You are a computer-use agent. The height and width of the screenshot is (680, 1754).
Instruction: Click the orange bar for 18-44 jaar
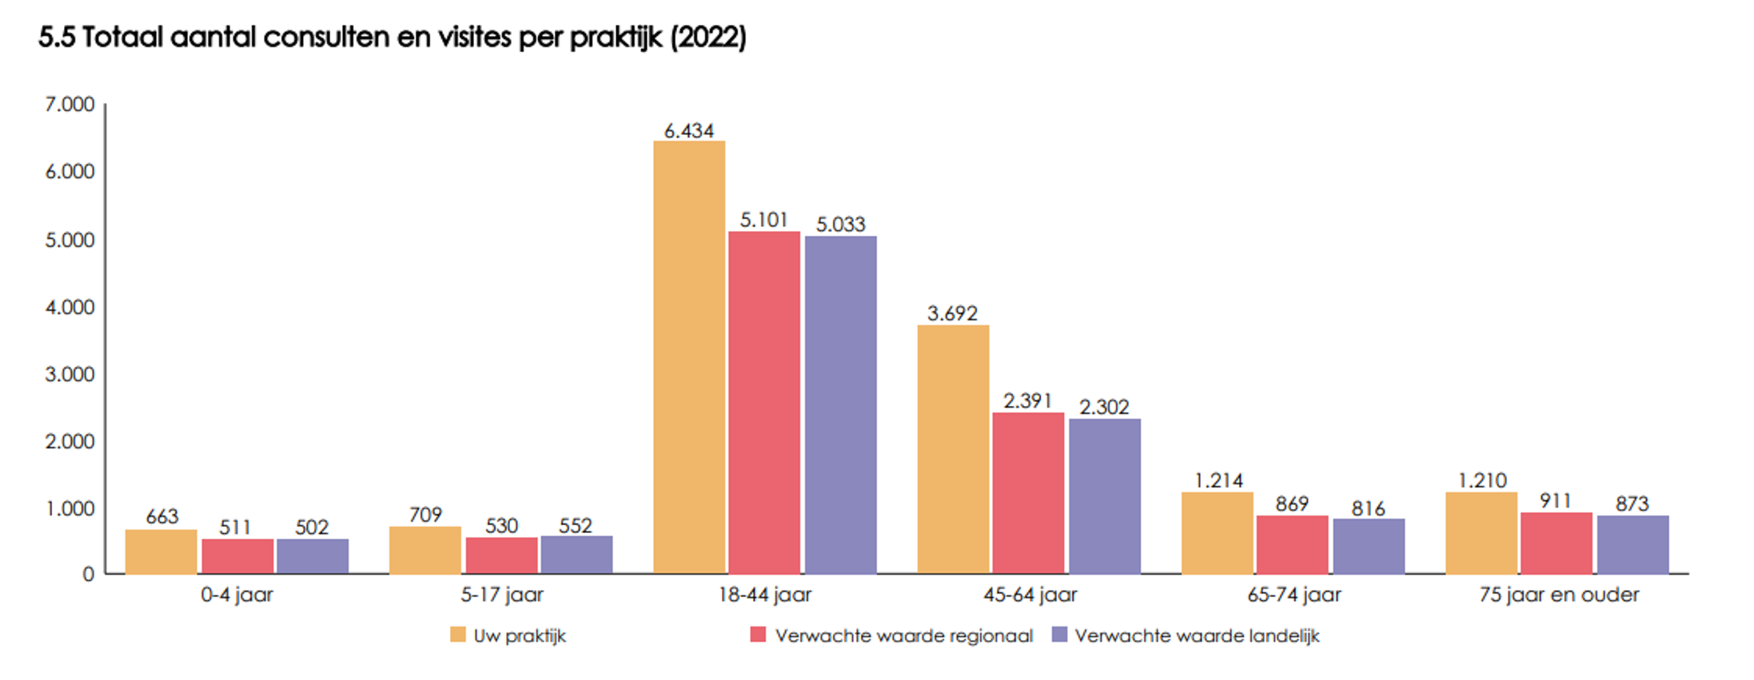pos(689,357)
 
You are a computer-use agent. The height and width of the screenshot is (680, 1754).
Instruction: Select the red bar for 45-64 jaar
pos(1028,493)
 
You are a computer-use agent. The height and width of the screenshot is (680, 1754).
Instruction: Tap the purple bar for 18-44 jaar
pos(840,404)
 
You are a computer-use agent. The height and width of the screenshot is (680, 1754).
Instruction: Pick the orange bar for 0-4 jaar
pos(161,551)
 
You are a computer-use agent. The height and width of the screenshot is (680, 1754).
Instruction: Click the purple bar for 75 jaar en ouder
pos(1632,544)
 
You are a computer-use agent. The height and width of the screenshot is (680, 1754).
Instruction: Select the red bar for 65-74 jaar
pos(1292,544)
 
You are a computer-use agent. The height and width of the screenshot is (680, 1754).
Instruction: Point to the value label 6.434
pos(689,131)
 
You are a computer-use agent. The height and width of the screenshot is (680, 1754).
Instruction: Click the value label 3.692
pos(952,313)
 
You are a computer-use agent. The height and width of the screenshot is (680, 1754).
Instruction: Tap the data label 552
pos(576,526)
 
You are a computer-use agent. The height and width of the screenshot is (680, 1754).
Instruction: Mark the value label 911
pos(1556,501)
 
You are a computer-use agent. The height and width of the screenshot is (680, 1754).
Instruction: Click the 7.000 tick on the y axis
pos(70,105)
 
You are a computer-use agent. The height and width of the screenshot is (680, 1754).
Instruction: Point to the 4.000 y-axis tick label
pos(70,308)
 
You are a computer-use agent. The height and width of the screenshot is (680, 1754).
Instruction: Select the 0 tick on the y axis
pos(88,575)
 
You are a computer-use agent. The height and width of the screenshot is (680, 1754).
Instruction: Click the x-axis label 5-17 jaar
pos(502,595)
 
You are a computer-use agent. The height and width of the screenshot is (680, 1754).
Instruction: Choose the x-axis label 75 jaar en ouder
pos(1559,595)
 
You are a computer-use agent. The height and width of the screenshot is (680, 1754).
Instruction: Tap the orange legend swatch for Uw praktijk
pos(457,635)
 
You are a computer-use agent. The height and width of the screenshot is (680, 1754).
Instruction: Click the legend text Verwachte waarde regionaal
pos(903,636)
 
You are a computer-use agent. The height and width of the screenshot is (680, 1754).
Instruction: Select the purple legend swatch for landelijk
pos(1059,635)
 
